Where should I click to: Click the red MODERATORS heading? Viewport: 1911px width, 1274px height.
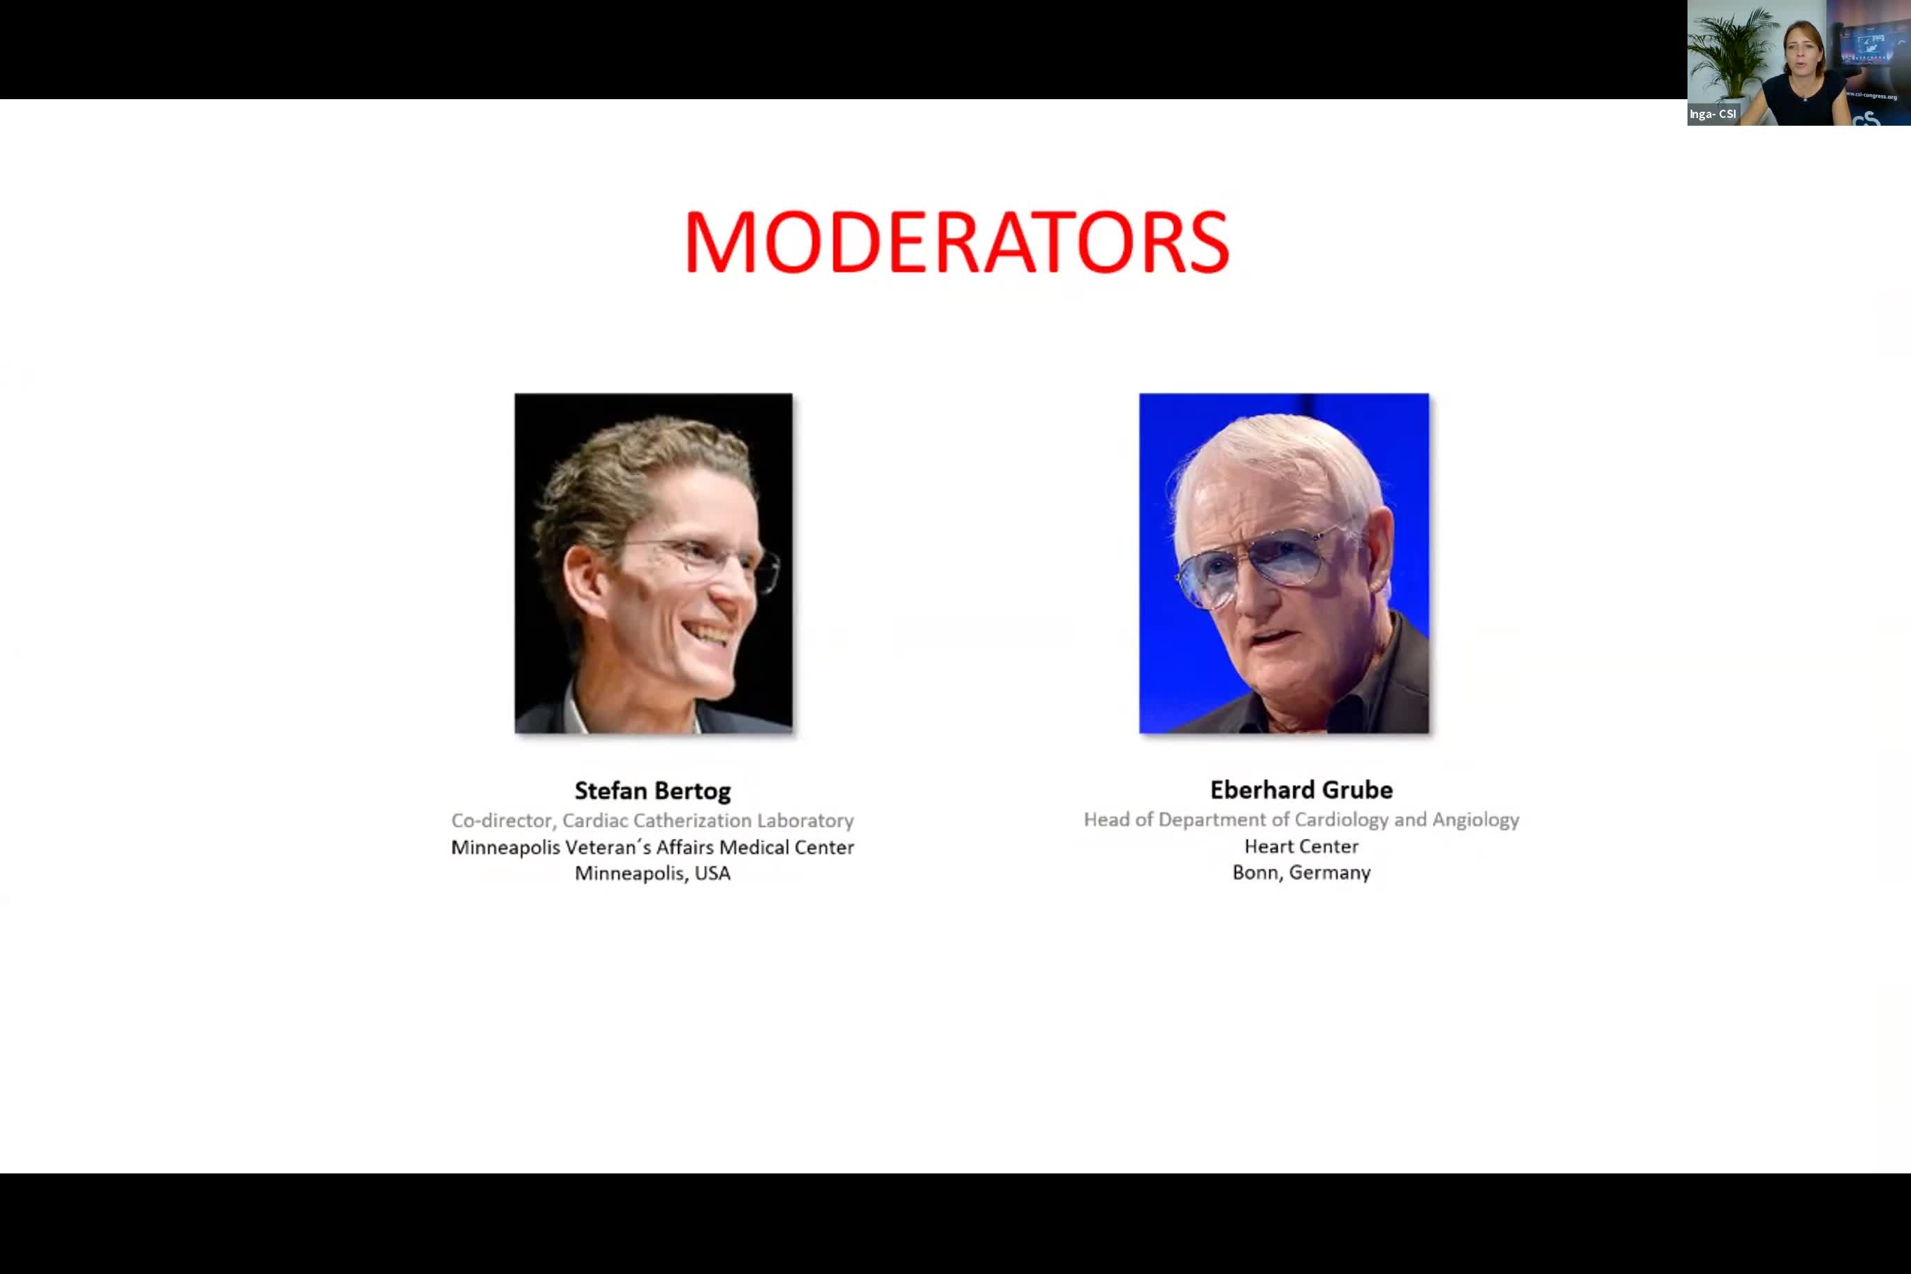(x=956, y=242)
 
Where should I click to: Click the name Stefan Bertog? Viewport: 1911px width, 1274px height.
(x=652, y=791)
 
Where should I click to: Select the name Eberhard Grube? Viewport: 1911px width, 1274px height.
(x=1301, y=790)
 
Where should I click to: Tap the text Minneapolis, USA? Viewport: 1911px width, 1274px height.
(x=652, y=874)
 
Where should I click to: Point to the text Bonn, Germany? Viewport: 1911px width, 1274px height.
(x=1301, y=872)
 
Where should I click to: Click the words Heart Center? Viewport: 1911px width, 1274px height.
(x=1301, y=847)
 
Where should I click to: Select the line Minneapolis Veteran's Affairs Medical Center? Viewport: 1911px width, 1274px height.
(x=652, y=847)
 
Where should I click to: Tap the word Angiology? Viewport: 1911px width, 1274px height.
(x=1474, y=820)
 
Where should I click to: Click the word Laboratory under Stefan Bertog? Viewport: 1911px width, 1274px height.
(x=805, y=821)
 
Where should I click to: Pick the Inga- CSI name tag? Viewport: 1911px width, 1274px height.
(x=1712, y=115)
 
